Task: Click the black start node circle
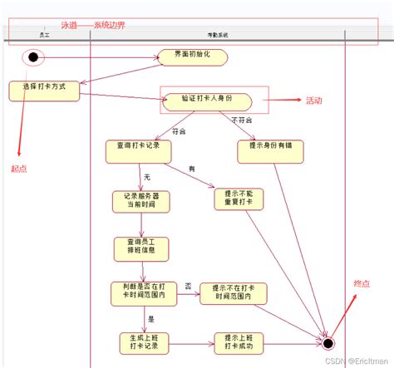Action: coord(34,57)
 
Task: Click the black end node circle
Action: coord(328,342)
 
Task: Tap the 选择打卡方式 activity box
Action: coord(45,90)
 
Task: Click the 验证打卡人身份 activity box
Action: coord(207,100)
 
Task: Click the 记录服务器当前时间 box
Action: coord(141,201)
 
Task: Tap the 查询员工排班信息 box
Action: coord(141,248)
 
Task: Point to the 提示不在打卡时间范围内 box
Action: coord(233,292)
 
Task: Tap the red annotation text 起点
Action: coord(19,169)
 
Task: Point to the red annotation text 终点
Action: coord(362,284)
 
